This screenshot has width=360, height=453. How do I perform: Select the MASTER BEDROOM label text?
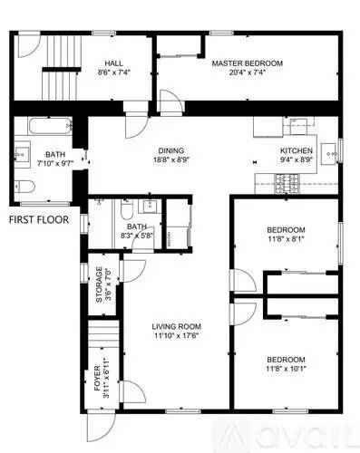tap(248, 63)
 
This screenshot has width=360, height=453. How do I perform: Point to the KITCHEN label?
tap(296, 150)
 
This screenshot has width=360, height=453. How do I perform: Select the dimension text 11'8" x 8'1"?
tap(286, 241)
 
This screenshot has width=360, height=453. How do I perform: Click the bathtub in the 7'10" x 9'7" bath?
tap(44, 125)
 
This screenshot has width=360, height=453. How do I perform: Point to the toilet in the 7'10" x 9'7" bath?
tap(25, 188)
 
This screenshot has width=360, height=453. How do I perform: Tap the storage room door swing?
tap(133, 268)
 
